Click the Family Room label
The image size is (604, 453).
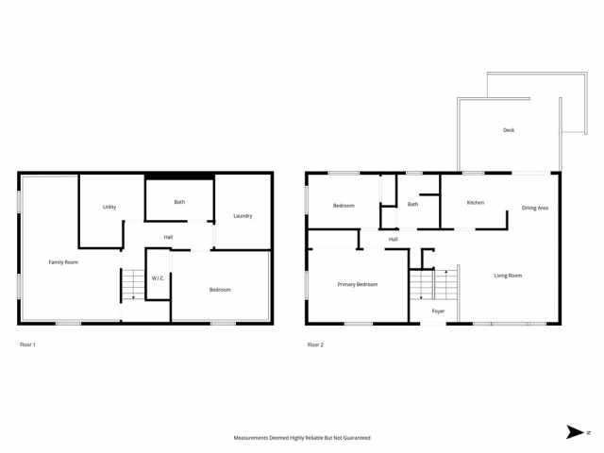coord(64,261)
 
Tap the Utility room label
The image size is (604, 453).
coord(109,207)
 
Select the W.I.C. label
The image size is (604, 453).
coord(158,277)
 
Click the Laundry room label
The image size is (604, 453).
coord(243,216)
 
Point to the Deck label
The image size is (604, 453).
coord(509,130)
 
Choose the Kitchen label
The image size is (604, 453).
coord(476,203)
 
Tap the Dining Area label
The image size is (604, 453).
coord(535,208)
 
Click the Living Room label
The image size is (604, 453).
coord(508,276)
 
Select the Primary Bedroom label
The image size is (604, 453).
coord(358,284)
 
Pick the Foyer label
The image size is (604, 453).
coord(438,310)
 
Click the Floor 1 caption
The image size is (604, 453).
coord(27,344)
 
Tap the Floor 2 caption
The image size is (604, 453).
coord(315,344)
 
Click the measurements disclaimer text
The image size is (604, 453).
coord(302,438)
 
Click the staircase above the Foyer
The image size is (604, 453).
coord(433,283)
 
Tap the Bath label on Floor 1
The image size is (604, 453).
coord(179,202)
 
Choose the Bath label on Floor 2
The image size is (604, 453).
coord(412,204)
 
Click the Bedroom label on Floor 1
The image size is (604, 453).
coord(220,290)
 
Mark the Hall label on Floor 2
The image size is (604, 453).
coord(393,239)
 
